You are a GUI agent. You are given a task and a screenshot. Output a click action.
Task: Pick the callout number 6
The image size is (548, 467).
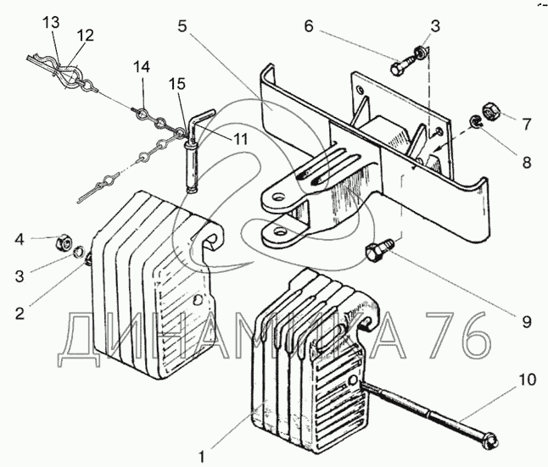pyautogui.click(x=308, y=27)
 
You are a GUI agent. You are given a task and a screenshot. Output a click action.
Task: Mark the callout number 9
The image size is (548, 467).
pyautogui.click(x=526, y=322)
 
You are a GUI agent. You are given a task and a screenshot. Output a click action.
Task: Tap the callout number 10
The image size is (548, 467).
pyautogui.click(x=528, y=380)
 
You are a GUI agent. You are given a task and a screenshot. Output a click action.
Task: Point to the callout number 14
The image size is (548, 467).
pyautogui.click(x=141, y=66)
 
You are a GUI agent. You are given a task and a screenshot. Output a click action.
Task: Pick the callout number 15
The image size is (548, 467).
pyautogui.click(x=176, y=84)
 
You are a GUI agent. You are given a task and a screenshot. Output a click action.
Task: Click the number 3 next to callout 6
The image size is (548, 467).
pyautogui.click(x=435, y=27)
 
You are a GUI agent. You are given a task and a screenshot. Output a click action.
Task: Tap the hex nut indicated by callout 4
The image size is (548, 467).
pyautogui.click(x=63, y=242)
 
